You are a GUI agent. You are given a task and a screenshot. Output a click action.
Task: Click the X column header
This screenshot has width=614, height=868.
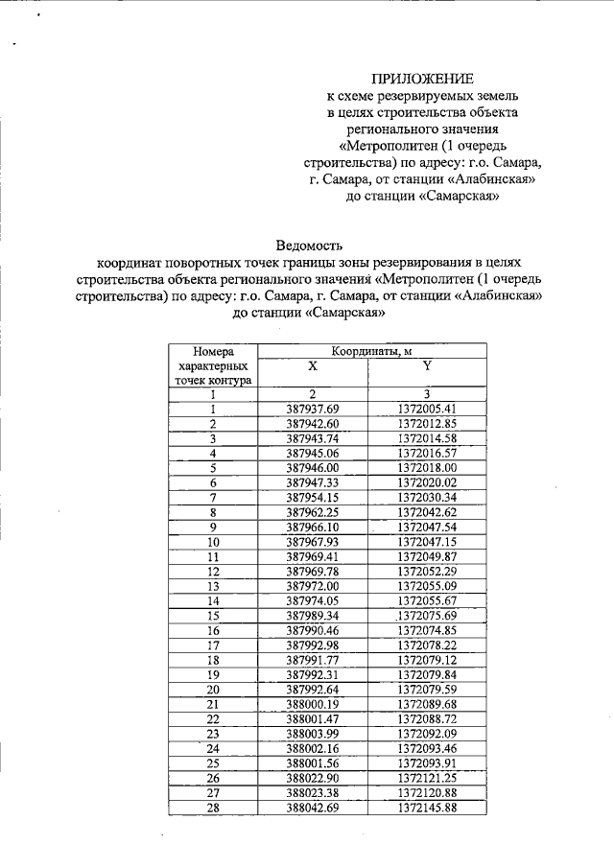coord(313,366)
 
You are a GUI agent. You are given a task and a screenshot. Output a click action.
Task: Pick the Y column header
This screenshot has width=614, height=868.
coord(427,366)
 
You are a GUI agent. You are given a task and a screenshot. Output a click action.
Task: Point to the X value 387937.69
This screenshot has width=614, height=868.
coord(313,409)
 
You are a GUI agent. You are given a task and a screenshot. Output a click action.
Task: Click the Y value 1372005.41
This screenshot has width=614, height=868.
coord(427,409)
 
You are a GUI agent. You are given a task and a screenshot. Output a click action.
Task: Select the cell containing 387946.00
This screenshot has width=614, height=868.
coord(313,467)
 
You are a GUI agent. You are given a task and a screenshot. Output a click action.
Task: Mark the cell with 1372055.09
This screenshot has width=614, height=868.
coord(427,585)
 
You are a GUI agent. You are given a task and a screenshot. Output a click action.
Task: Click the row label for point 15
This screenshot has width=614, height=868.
coord(213,615)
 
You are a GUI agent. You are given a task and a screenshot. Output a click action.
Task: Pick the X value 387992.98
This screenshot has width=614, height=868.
coord(313,645)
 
